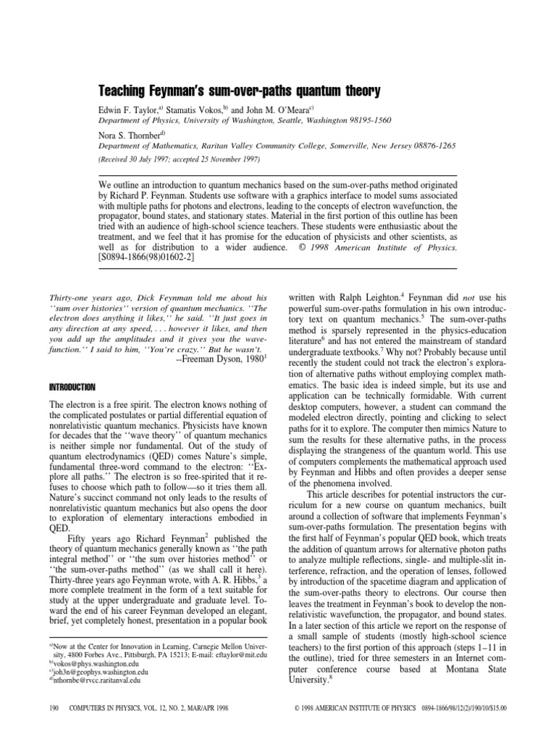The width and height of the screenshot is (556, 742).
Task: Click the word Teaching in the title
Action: [x=125, y=92]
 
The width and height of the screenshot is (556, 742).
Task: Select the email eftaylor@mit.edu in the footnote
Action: [x=241, y=654]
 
